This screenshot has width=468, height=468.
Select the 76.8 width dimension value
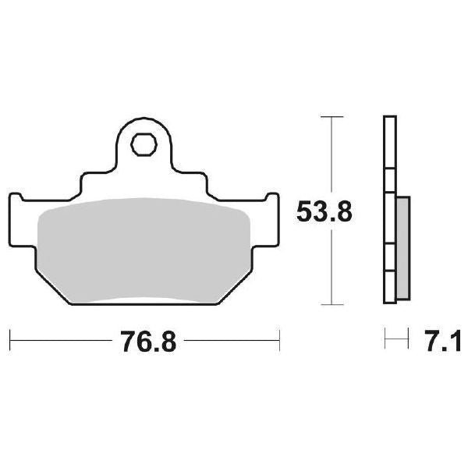pos(144,342)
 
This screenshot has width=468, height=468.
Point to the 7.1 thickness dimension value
pos(443,342)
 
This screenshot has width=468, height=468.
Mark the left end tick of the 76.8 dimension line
pos(9,341)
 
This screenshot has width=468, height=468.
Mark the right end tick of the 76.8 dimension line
pos(278,341)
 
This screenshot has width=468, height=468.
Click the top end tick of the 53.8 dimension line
pos(333,117)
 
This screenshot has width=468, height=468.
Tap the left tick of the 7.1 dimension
pos(385,341)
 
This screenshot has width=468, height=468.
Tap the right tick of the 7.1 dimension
pos(408,341)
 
